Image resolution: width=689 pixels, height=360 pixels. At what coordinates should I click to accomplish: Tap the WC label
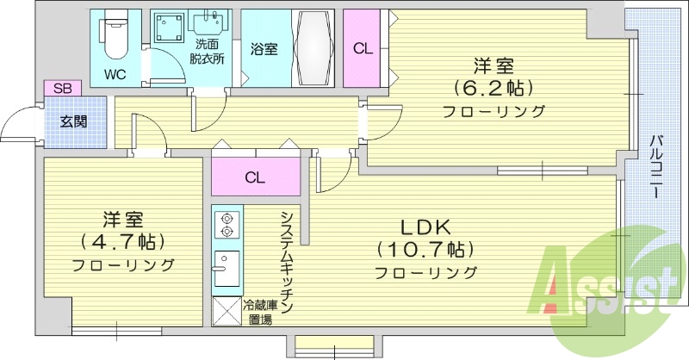pyautogui.click(x=115, y=74)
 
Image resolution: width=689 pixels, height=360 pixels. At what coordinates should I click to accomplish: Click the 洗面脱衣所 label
pyautogui.click(x=208, y=52)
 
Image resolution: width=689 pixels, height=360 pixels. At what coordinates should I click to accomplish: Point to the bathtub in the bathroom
pyautogui.click(x=312, y=47)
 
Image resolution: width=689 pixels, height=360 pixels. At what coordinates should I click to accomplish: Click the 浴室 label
pyautogui.click(x=264, y=50)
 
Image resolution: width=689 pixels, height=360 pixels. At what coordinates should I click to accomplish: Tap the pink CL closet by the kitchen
pyautogui.click(x=254, y=177)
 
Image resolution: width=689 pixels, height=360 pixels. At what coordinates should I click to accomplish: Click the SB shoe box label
pyautogui.click(x=62, y=88)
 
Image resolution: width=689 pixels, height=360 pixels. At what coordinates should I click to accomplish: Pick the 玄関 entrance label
pyautogui.click(x=73, y=121)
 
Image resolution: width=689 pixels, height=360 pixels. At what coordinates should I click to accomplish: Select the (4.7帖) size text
pyautogui.click(x=121, y=240)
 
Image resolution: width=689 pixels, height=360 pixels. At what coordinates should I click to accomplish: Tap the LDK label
pyautogui.click(x=425, y=227)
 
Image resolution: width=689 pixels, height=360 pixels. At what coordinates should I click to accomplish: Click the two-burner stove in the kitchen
pyautogui.click(x=227, y=225)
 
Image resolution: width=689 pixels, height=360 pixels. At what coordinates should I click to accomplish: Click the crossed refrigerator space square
pyautogui.click(x=227, y=310)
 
